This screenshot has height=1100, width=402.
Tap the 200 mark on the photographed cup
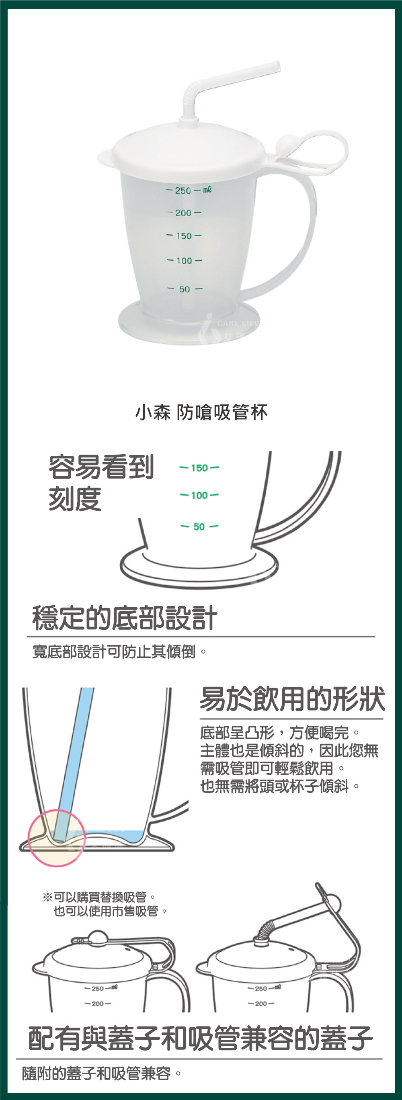pyautogui.click(x=183, y=213)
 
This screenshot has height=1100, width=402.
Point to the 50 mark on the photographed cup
pyautogui.click(x=185, y=289)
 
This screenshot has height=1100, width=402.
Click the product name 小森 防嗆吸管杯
pyautogui.click(x=201, y=412)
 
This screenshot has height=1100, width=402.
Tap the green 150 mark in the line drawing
pyautogui.click(x=199, y=467)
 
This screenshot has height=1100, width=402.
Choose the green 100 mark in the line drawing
pyautogui.click(x=199, y=495)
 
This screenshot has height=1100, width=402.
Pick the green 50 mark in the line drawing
pyautogui.click(x=199, y=526)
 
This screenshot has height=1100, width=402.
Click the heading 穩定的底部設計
pyautogui.click(x=125, y=618)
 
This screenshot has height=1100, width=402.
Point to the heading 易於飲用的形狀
pyautogui.click(x=292, y=699)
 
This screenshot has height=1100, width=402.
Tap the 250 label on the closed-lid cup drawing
pyautogui.click(x=97, y=989)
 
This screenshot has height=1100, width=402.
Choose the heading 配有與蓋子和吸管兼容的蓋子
pyautogui.click(x=200, y=1038)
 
